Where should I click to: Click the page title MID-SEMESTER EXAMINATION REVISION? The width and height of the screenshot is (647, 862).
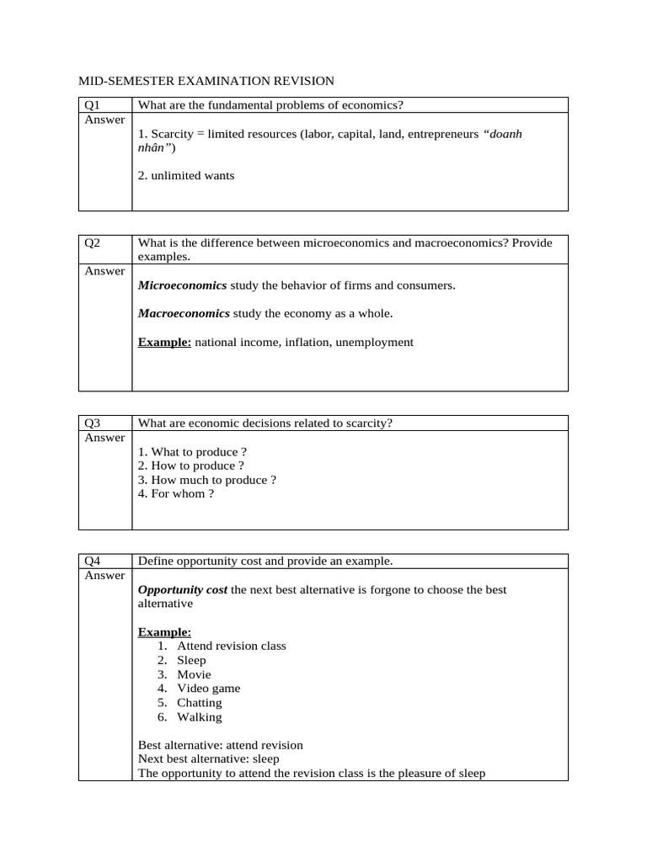206,81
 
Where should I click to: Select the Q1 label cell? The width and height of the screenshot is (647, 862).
93,105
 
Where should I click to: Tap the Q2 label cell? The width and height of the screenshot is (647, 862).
93,243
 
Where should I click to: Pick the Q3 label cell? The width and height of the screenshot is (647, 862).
93,423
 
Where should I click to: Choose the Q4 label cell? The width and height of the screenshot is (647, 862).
93,561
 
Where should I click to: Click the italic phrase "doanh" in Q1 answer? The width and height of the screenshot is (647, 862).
504,134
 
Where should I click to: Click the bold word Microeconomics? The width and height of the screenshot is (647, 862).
182,285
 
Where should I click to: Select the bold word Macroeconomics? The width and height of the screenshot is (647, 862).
184,314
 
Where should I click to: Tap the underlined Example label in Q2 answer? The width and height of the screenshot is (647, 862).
164,343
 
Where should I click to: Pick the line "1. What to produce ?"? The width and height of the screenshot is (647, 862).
192,452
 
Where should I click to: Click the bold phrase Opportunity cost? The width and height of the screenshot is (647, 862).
182,590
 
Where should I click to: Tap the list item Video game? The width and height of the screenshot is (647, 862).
208,689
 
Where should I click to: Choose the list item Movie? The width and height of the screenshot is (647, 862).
194,674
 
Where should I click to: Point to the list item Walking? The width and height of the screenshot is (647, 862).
199,717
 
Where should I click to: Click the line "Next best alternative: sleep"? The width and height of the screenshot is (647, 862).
208,759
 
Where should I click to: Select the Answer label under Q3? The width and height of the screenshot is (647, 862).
104,438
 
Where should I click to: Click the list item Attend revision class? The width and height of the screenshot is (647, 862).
231,646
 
